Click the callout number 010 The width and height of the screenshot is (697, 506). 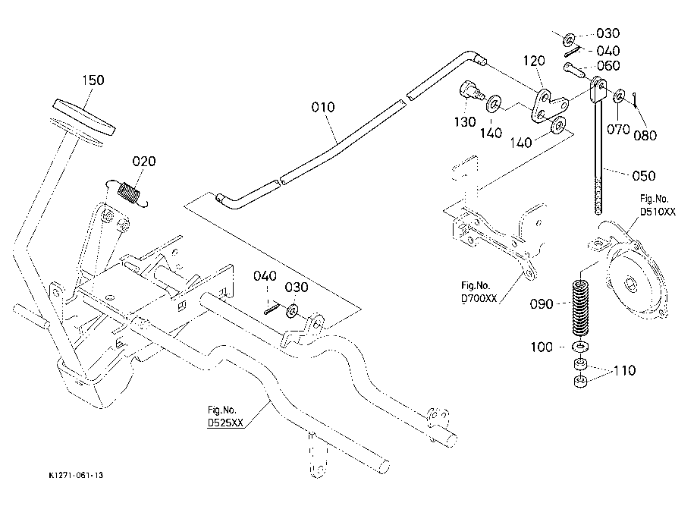pyautogui.click(x=322, y=108)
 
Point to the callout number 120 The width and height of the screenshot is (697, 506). pyautogui.click(x=534, y=60)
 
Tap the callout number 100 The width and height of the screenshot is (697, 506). pyautogui.click(x=542, y=347)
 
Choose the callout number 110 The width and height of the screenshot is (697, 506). pyautogui.click(x=625, y=371)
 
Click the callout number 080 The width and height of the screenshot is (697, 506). pyautogui.click(x=646, y=137)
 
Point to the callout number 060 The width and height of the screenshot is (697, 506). pyautogui.click(x=608, y=67)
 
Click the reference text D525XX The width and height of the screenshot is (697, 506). pyautogui.click(x=226, y=424)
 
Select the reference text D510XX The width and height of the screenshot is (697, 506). pyautogui.click(x=657, y=212)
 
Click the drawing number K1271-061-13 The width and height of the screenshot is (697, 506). pyautogui.click(x=75, y=476)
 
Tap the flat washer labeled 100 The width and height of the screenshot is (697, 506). pyautogui.click(x=581, y=347)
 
